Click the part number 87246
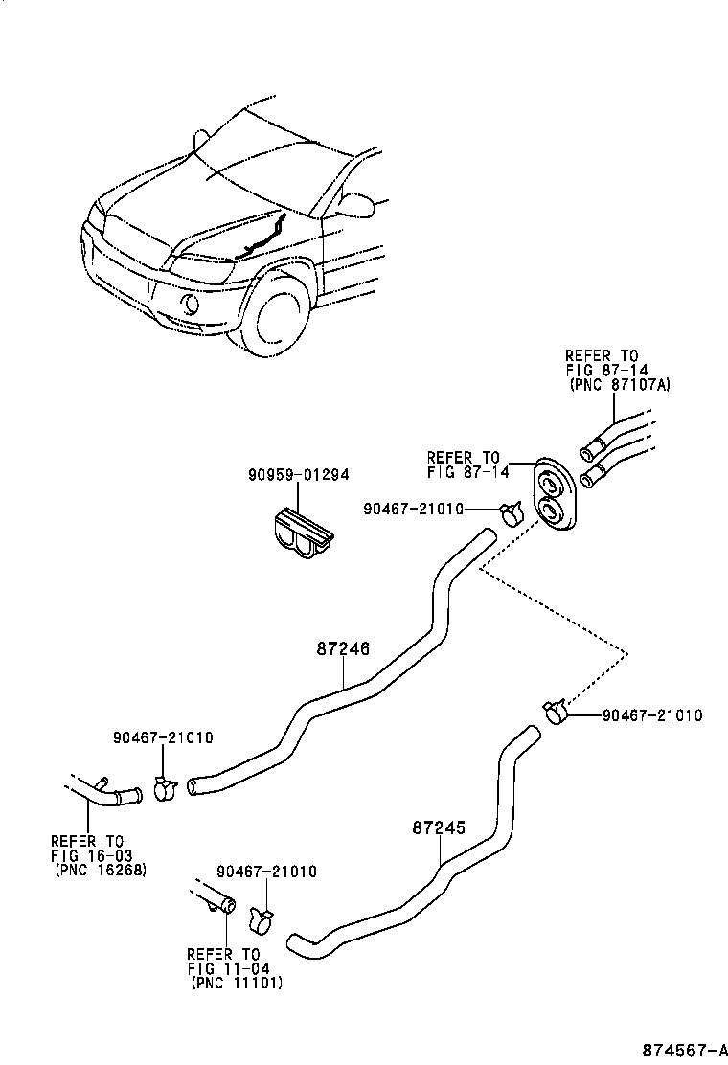tap(343, 648)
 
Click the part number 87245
tap(439, 827)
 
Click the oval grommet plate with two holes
tap(553, 494)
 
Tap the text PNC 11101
tap(237, 983)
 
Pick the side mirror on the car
tap(357, 204)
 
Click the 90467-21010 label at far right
tap(652, 715)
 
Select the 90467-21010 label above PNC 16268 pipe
tap(162, 737)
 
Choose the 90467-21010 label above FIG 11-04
tap(266, 872)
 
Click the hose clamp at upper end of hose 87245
tap(554, 712)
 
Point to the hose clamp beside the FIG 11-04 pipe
tap(260, 918)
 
